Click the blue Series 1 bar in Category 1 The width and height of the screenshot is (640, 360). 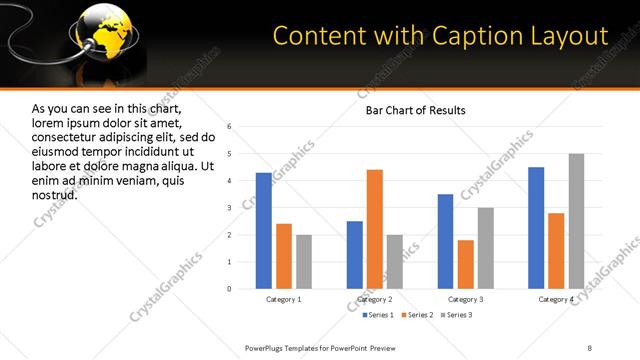tap(264, 231)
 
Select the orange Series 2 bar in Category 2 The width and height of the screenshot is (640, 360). tap(375, 229)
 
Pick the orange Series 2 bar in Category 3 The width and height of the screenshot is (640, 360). tap(466, 264)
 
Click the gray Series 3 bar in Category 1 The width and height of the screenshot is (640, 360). tap(304, 262)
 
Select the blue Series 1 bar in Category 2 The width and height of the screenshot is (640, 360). tap(355, 255)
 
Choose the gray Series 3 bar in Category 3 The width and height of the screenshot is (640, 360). tap(486, 248)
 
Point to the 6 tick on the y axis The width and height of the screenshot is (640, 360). tap(229, 127)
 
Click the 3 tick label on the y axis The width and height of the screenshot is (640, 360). tap(229, 208)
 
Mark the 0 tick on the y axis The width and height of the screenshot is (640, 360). tap(229, 289)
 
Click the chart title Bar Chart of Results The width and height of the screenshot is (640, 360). tap(415, 109)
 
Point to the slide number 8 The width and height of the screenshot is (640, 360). tap(590, 347)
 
